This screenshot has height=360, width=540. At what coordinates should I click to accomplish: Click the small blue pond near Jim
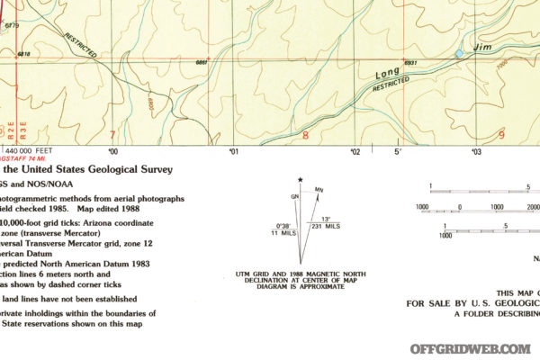click(x=460, y=55)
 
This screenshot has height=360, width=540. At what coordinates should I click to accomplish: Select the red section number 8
click(x=305, y=137)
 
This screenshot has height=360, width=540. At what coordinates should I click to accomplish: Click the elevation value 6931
click(x=412, y=62)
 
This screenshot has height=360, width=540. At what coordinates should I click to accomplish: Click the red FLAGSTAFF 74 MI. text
click(x=25, y=159)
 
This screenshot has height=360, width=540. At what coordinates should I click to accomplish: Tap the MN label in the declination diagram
click(x=319, y=190)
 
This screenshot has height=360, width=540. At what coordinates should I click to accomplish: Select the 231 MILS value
click(x=325, y=226)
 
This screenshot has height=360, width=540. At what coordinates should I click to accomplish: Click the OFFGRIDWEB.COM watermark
click(x=470, y=348)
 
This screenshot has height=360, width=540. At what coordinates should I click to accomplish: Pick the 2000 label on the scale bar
click(x=532, y=206)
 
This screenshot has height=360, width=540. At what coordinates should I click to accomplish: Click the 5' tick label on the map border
click(x=396, y=151)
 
